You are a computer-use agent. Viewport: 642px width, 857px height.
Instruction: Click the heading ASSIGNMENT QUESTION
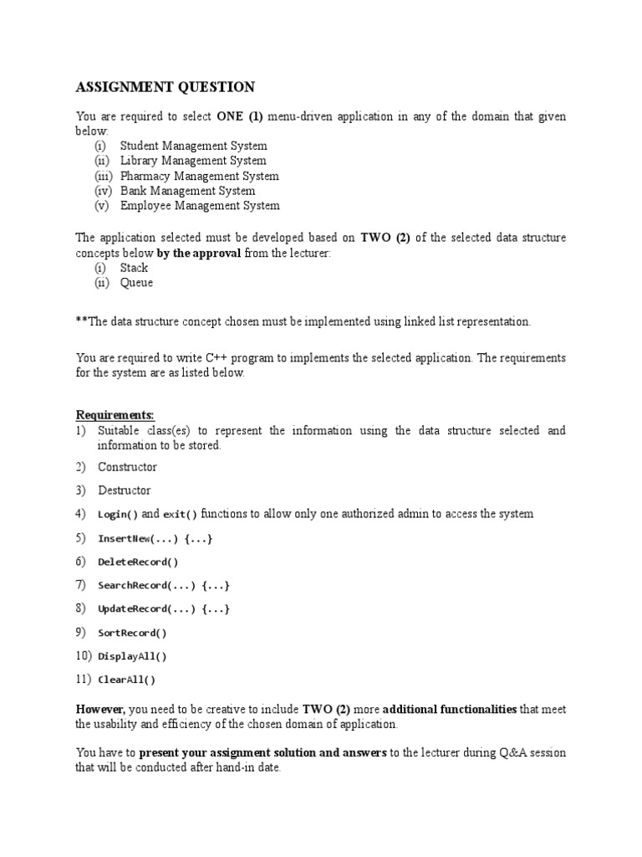[x=166, y=88]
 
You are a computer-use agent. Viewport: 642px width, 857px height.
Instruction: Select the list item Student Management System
[x=193, y=146]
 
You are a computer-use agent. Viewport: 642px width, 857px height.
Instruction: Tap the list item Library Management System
[x=193, y=161]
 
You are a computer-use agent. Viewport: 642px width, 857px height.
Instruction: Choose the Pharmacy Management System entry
[x=199, y=176]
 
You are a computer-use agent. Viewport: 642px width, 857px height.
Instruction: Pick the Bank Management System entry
[x=187, y=191]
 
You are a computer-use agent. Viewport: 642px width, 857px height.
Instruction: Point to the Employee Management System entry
[x=200, y=206]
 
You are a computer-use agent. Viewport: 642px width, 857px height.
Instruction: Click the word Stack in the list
[x=134, y=268]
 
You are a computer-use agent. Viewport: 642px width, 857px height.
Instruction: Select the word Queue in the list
[x=136, y=283]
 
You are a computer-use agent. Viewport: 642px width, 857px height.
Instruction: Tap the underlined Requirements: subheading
[x=115, y=415]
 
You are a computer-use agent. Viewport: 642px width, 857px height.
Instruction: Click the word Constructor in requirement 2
[x=127, y=467]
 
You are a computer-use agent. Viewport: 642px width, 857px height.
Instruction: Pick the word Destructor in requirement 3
[x=125, y=490]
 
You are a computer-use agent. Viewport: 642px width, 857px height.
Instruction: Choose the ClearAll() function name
[x=126, y=680]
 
